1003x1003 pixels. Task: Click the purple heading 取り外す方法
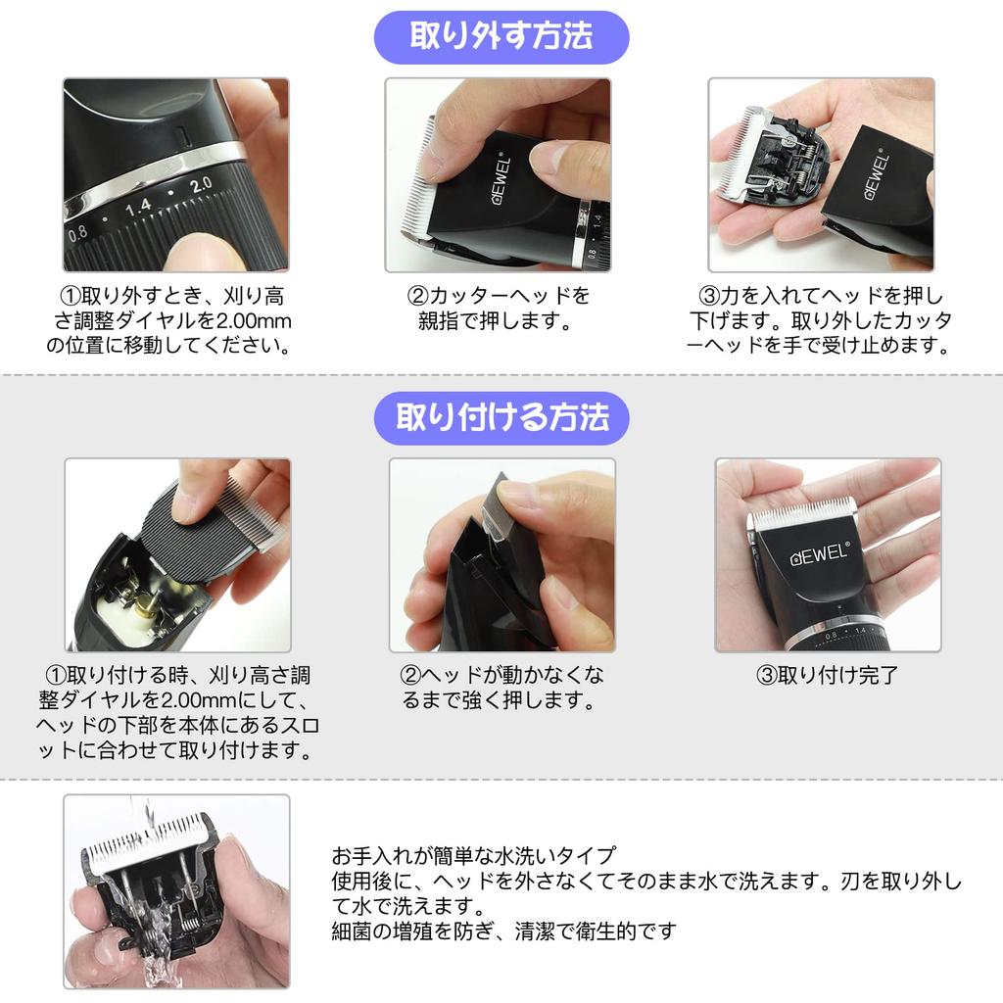coord(501,37)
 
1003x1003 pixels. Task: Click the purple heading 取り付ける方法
coord(501,417)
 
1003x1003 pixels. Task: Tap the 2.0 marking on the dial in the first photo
coord(201,183)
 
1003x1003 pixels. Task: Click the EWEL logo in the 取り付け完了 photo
coord(820,556)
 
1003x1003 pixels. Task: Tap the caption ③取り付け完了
coord(828,675)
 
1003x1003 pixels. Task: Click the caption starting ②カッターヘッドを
coord(498,309)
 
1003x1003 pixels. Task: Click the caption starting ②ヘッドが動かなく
coord(501,688)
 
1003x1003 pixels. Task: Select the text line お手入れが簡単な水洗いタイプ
coord(474,854)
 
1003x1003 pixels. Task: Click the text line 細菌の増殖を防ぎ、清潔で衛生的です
coord(504,931)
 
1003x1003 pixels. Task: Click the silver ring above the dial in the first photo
coord(176,159)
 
